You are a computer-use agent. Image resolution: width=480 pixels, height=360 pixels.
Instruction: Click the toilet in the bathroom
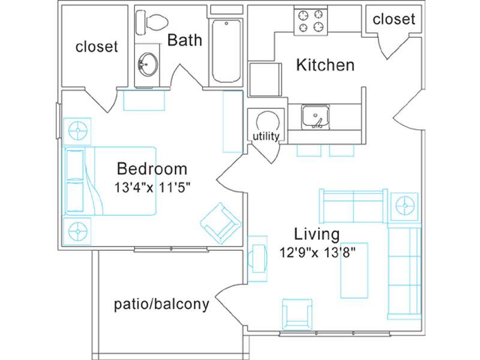152,22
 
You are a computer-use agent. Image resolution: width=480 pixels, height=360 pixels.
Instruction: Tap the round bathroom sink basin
148,64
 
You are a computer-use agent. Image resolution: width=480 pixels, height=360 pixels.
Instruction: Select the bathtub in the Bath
226,51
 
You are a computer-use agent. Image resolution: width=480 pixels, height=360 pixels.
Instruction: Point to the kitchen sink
316,116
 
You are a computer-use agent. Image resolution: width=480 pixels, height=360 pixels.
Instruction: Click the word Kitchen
325,65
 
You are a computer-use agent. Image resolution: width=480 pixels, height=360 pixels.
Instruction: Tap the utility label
266,137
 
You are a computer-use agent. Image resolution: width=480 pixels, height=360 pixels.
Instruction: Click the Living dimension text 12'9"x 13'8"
318,253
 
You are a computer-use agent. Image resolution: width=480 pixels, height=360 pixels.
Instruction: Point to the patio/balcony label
161,305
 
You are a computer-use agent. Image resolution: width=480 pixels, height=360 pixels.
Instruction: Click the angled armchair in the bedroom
221,223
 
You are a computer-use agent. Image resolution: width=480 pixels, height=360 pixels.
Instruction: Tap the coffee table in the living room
355,271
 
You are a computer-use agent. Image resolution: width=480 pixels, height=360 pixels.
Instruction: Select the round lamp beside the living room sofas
404,206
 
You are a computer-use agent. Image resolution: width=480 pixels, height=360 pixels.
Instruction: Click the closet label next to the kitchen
394,20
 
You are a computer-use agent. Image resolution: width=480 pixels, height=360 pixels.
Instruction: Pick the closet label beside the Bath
97,47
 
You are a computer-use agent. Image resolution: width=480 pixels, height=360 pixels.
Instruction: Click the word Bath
185,40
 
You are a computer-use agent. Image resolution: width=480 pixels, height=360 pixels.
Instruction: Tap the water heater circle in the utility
268,122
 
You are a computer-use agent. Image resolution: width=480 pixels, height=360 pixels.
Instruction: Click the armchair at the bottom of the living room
297,313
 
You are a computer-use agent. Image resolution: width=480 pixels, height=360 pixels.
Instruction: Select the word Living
317,235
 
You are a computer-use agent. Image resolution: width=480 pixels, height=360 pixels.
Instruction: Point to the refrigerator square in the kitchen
265,80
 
